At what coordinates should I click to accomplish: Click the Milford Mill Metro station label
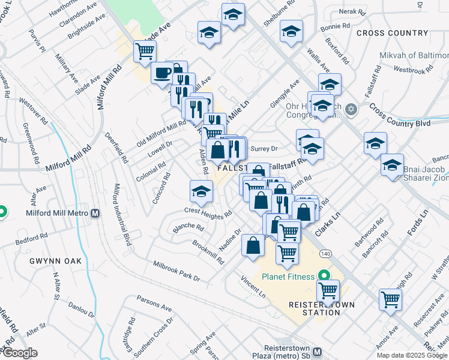(54, 214)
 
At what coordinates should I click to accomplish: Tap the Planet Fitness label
(288, 277)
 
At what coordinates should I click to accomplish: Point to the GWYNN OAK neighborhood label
(50, 261)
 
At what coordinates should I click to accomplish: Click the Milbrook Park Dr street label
(176, 271)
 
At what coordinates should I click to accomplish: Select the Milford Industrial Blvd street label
(122, 214)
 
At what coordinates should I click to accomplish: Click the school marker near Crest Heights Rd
(201, 192)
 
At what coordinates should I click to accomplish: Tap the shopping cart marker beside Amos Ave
(390, 299)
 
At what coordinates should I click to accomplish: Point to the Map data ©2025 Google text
(412, 355)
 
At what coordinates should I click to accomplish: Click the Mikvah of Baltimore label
(414, 55)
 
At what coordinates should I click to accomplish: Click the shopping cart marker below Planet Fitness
(328, 291)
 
